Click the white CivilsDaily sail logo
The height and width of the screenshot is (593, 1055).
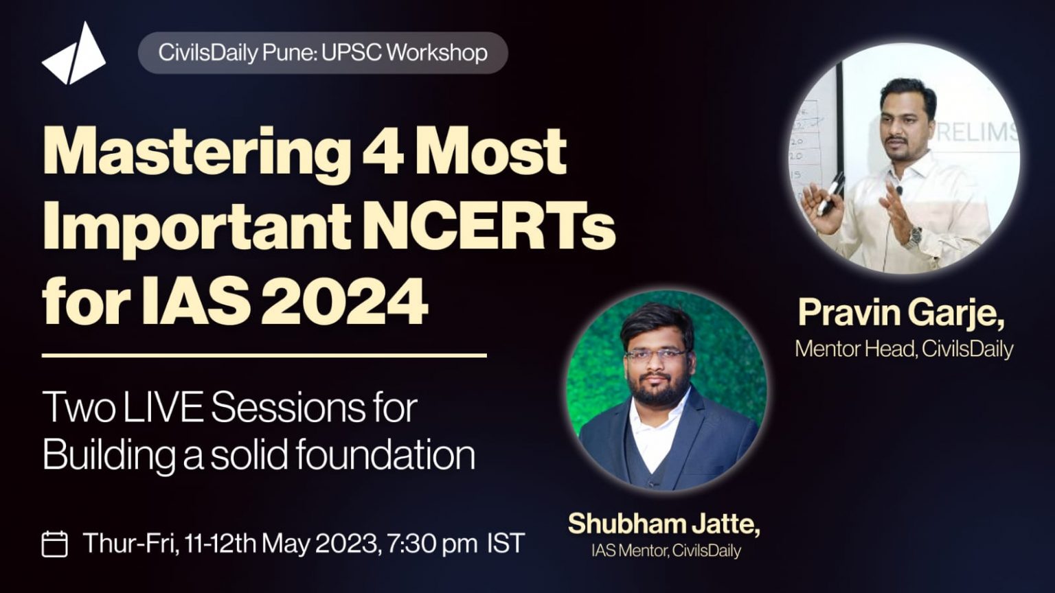(x=74, y=56)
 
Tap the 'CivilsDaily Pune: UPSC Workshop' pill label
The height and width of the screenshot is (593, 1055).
(x=323, y=53)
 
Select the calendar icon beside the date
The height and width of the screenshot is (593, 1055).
(x=55, y=544)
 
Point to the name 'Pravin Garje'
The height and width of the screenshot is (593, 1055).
(x=900, y=314)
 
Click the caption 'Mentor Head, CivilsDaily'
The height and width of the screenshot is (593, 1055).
(x=904, y=349)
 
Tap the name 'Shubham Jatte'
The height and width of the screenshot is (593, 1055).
(x=663, y=524)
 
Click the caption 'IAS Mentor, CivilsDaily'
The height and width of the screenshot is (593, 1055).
(x=666, y=550)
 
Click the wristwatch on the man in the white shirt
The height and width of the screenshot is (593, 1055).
(x=912, y=237)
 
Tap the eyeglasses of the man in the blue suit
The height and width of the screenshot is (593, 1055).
(x=655, y=354)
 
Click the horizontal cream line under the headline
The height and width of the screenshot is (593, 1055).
(x=264, y=356)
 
